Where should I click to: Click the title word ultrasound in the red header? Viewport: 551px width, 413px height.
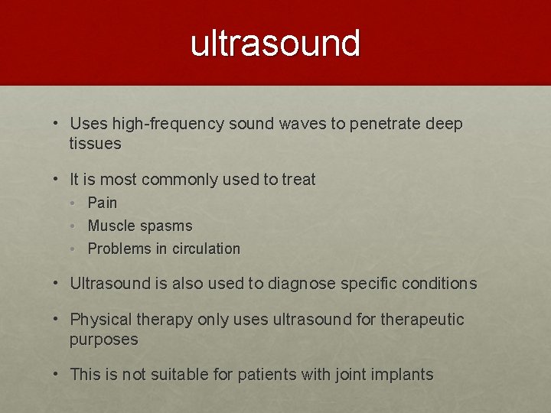pos(275,44)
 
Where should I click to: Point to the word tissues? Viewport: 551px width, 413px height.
pos(95,144)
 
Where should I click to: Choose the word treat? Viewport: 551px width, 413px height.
pos(298,180)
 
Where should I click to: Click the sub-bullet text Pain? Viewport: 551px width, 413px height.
pos(103,203)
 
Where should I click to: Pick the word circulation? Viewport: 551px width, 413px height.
pos(204,249)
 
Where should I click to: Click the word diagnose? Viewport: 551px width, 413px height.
pos(302,284)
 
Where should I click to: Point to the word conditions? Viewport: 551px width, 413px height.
pos(441,284)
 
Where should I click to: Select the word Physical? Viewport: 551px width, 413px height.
pos(99,320)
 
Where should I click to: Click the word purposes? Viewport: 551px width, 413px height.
pos(103,340)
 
